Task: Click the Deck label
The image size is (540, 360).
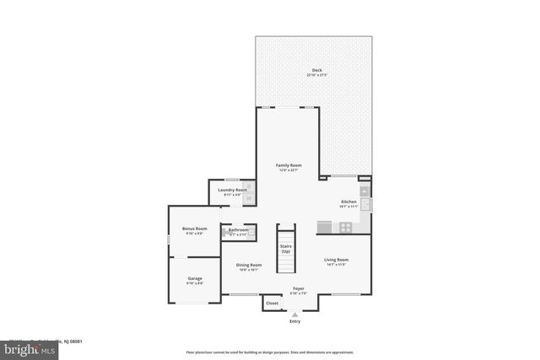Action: coord(316,70)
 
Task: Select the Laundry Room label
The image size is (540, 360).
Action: coord(232,191)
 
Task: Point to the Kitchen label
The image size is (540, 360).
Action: coord(348,201)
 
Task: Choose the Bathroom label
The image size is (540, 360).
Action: coord(238,229)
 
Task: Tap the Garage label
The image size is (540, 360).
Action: coord(194,278)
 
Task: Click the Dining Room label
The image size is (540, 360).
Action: coord(249,265)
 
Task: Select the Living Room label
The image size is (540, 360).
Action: coord(336,260)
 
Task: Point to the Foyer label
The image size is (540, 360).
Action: coord(299,288)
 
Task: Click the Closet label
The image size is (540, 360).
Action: coord(272,303)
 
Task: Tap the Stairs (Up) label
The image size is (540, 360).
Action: coord(286,249)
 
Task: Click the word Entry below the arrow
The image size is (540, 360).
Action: coord(294,321)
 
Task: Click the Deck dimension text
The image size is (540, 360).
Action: coord(316,75)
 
